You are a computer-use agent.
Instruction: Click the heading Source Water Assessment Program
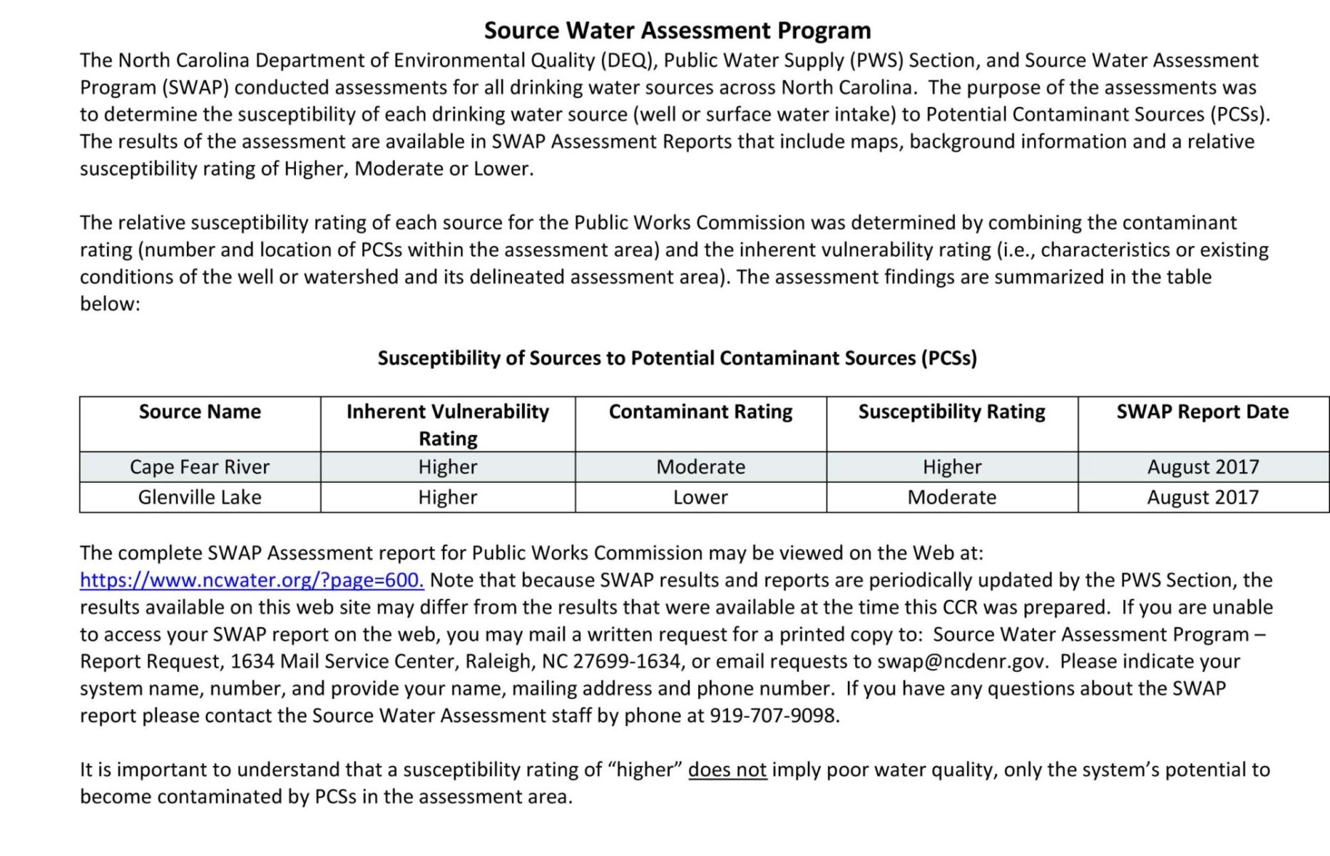pyautogui.click(x=677, y=31)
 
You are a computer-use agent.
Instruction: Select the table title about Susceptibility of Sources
pyautogui.click(x=677, y=358)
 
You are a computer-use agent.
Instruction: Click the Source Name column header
pyautogui.click(x=200, y=412)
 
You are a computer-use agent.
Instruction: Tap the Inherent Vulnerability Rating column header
pyautogui.click(x=448, y=424)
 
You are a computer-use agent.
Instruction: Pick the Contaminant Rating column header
pyautogui.click(x=700, y=412)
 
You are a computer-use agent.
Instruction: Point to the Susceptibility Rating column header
pyautogui.click(x=951, y=412)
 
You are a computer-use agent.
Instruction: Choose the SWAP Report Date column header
pyautogui.click(x=1202, y=412)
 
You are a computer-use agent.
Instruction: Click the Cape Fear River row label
pyautogui.click(x=200, y=467)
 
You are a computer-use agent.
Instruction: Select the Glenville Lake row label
pyautogui.click(x=200, y=497)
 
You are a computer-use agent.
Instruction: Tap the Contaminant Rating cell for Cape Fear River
pyautogui.click(x=700, y=467)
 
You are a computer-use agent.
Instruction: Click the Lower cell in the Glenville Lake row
pyautogui.click(x=700, y=497)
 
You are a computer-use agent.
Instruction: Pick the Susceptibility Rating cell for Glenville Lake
pyautogui.click(x=951, y=497)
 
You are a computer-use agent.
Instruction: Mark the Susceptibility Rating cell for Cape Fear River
pyautogui.click(x=951, y=467)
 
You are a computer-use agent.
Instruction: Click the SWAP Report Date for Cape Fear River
pyautogui.click(x=1202, y=467)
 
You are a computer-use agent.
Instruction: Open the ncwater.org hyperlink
pyautogui.click(x=252, y=580)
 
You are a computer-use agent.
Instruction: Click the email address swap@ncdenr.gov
pyautogui.click(x=962, y=661)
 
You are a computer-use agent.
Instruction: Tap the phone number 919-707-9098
pyautogui.click(x=774, y=715)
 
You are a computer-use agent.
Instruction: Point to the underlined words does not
pyautogui.click(x=727, y=770)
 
